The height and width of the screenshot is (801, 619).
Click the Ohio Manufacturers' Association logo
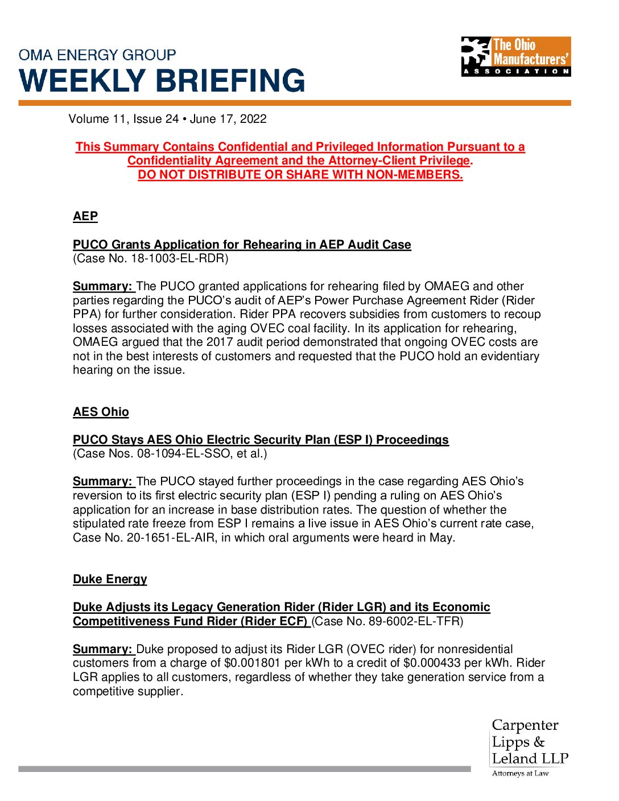(x=515, y=56)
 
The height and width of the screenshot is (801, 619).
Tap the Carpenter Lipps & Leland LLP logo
(x=530, y=747)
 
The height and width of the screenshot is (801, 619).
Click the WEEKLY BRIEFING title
(x=162, y=80)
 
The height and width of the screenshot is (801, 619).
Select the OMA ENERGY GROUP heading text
(x=97, y=55)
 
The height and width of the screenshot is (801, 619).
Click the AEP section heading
(x=85, y=217)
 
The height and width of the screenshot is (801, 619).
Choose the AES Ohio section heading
(x=101, y=412)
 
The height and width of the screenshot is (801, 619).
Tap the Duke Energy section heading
(x=110, y=579)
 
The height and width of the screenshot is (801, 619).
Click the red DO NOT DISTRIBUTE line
(x=300, y=175)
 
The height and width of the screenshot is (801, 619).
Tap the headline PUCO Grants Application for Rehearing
(x=242, y=245)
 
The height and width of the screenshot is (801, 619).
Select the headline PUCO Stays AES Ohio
(x=261, y=440)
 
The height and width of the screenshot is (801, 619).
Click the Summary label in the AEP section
(x=102, y=286)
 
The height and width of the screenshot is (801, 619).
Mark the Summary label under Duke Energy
(x=102, y=649)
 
